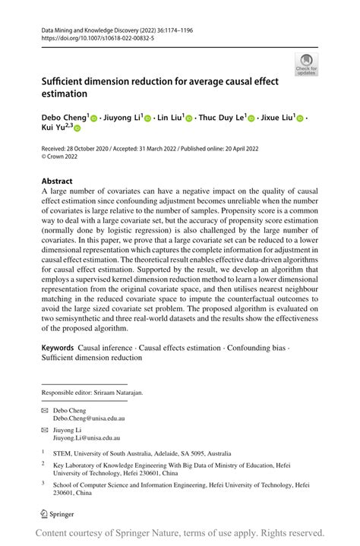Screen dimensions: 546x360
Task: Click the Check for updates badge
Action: (x=307, y=65)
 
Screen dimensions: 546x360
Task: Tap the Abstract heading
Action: (x=57, y=181)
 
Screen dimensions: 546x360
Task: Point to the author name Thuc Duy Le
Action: (x=220, y=118)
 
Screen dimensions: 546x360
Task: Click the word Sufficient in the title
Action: (x=69, y=80)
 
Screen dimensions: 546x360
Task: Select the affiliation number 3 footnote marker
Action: (x=44, y=481)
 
